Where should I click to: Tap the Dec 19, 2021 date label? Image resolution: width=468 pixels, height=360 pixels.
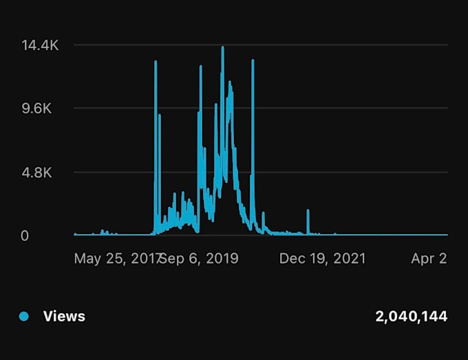coord(322,258)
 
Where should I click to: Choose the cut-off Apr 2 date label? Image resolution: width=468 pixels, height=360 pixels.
coord(429,258)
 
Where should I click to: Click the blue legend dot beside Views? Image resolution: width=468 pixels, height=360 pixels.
coord(24,317)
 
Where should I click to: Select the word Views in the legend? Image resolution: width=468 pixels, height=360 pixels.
coord(64,317)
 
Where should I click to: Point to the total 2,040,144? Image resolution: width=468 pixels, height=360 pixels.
coord(411,317)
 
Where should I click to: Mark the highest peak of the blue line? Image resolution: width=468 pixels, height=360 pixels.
coord(223,47)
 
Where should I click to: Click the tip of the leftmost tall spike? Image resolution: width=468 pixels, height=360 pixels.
coord(156,62)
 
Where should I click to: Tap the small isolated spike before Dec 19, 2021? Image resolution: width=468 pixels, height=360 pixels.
coord(308,211)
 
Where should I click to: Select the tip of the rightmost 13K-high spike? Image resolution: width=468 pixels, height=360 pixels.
coord(253,61)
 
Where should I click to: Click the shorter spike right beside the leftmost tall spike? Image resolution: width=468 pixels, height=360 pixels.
coord(160,115)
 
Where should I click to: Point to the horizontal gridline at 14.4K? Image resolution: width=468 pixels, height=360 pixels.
coord(310,45)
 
